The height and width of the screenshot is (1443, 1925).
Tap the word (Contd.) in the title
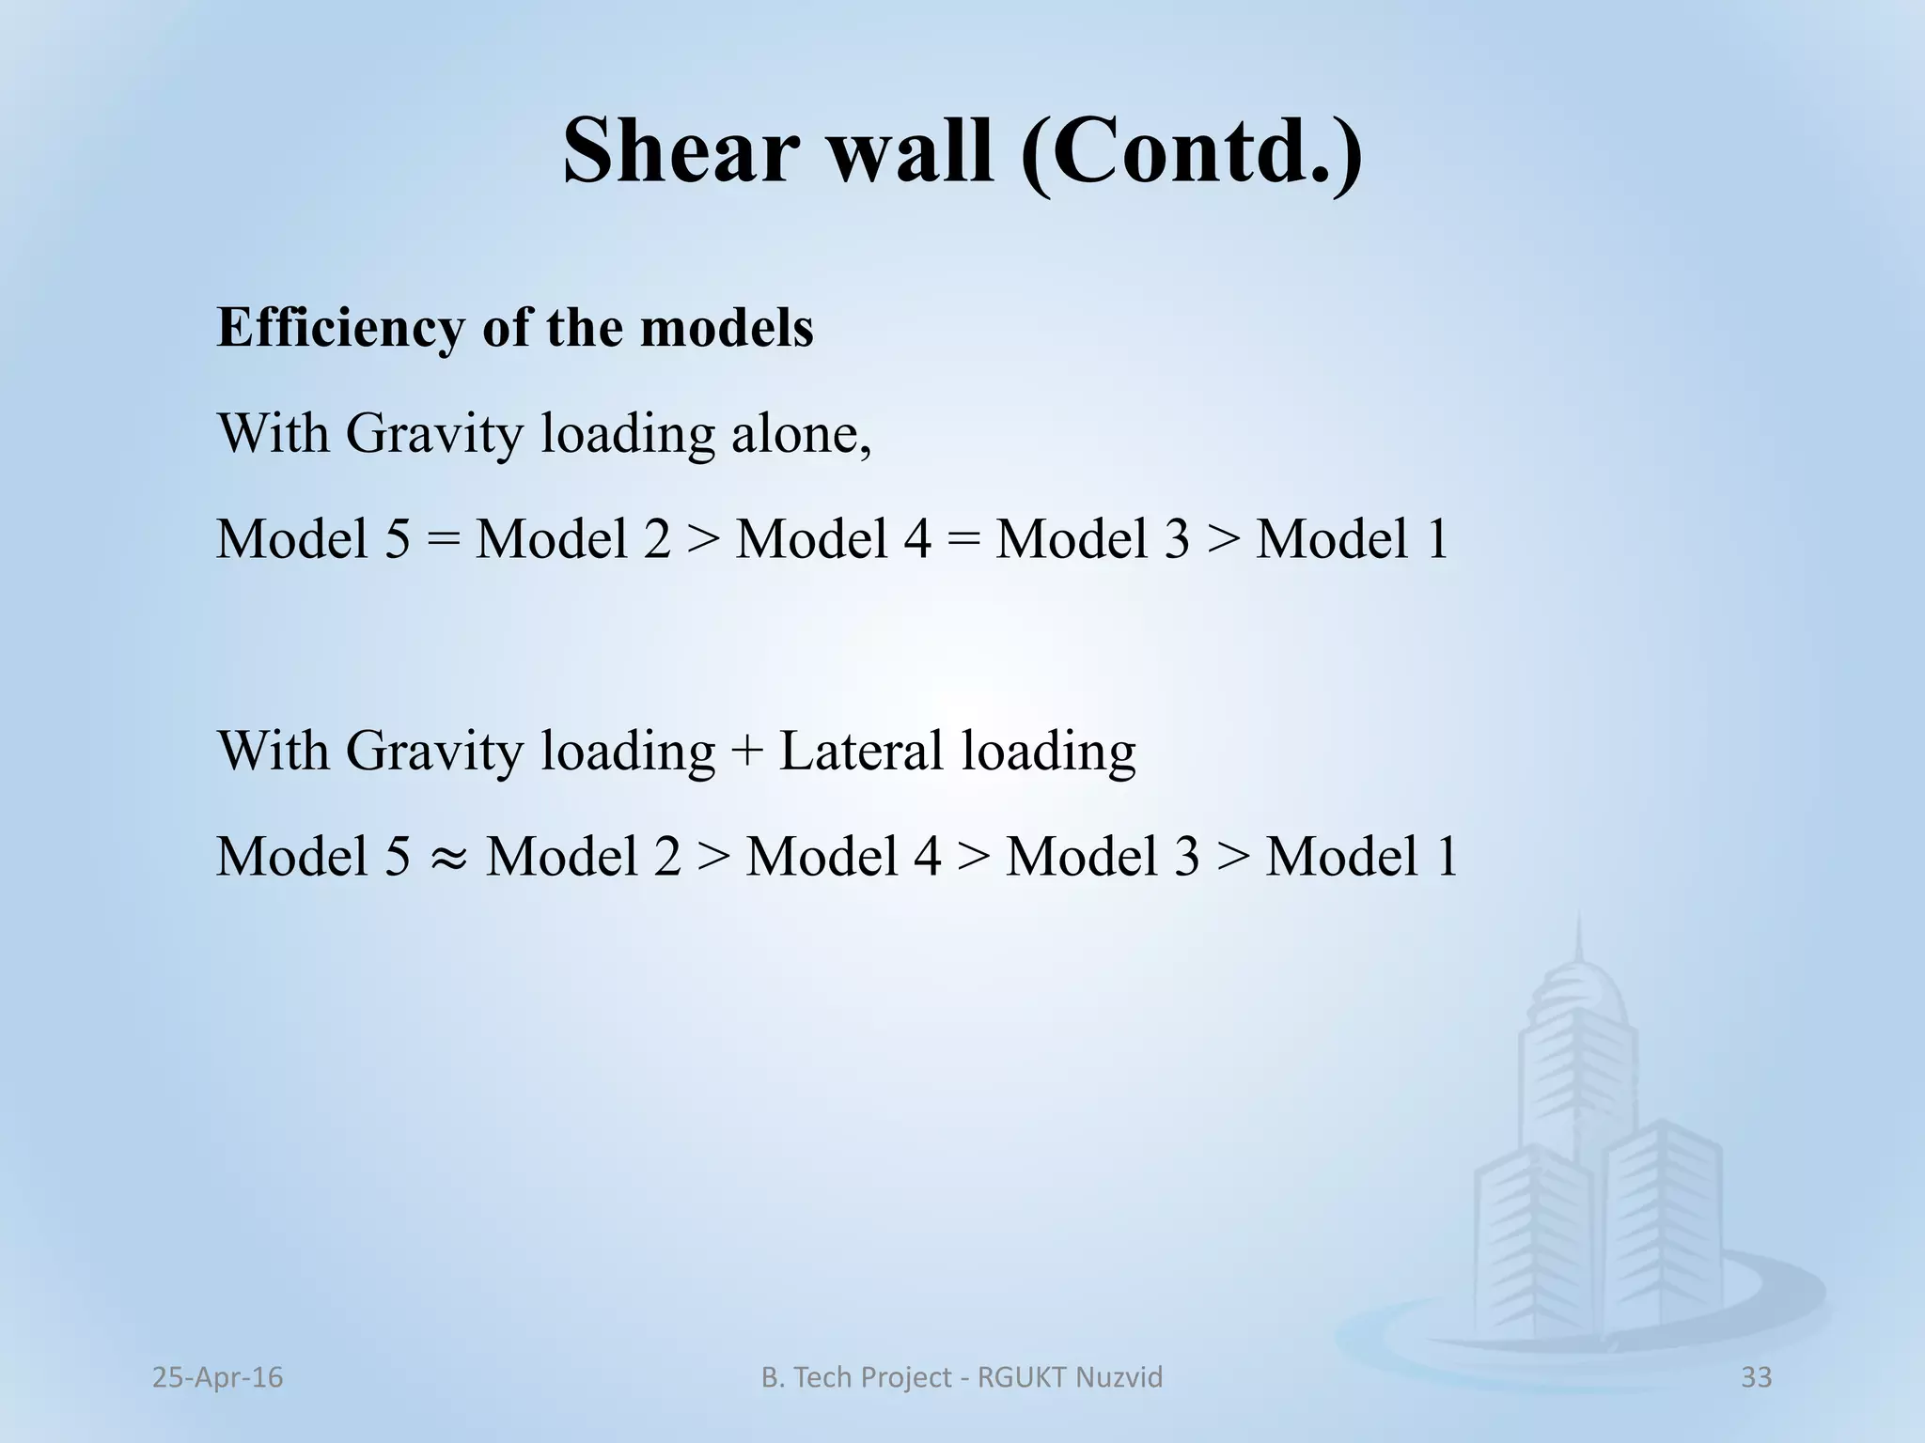tap(1192, 150)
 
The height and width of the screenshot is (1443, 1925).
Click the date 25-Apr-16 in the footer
tap(217, 1377)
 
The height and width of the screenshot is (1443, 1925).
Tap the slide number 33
tap(1756, 1377)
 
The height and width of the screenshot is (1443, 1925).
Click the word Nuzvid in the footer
tap(1119, 1377)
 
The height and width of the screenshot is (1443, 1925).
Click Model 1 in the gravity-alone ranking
tap(1352, 540)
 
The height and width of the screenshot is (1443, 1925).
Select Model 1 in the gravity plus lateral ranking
tap(1361, 858)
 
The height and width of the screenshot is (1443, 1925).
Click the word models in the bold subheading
tap(726, 329)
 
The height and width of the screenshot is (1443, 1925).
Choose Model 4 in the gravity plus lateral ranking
tap(842, 858)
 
